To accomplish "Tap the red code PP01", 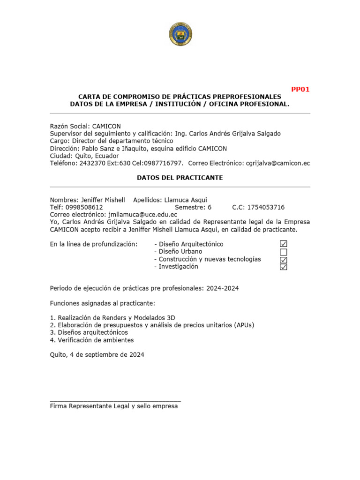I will point(300,89).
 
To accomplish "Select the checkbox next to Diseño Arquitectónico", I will point(283,244).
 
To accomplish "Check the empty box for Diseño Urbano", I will point(283,252).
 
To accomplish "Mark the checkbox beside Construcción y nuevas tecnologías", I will point(283,260).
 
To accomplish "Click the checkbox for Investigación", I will point(283,267).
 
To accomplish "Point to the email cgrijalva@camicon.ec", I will point(278,164).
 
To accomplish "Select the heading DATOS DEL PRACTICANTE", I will point(180,178).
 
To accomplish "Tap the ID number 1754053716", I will point(266,207).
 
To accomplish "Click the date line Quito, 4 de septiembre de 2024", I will point(97,355).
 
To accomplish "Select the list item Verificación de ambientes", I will point(96,340).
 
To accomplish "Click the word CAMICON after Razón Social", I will point(106,126).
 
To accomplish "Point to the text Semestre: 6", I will point(193,207).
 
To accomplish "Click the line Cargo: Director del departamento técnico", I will point(112,141).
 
